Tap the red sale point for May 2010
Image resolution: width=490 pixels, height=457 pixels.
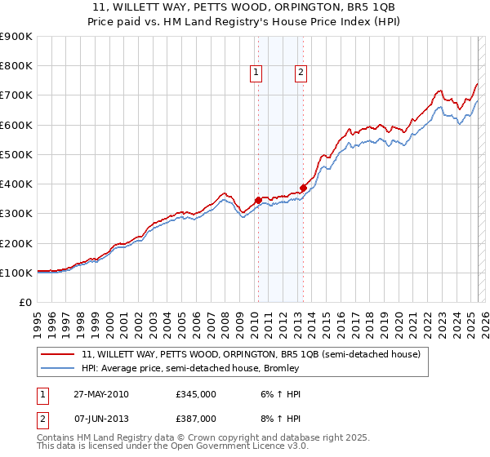click(x=258, y=200)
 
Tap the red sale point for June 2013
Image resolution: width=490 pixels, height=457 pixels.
click(x=303, y=188)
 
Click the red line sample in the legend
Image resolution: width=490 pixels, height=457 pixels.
click(x=58, y=355)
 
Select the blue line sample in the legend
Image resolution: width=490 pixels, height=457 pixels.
click(x=58, y=369)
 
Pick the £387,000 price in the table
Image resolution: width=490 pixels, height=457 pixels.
click(x=196, y=418)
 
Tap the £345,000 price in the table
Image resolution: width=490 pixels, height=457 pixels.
click(x=196, y=394)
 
